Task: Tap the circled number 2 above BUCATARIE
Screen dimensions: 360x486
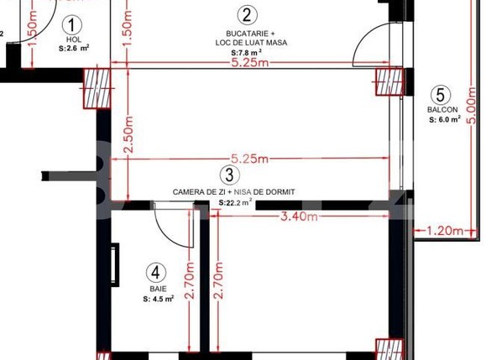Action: click(x=246, y=14)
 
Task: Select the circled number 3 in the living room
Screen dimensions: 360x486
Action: click(x=227, y=175)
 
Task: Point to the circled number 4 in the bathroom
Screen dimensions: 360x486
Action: click(x=153, y=273)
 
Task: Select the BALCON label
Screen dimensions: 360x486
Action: click(x=442, y=110)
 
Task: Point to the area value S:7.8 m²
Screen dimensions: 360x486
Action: click(x=245, y=52)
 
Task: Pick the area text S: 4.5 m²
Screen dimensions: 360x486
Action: click(x=158, y=298)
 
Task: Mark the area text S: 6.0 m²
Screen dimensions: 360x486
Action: click(x=444, y=119)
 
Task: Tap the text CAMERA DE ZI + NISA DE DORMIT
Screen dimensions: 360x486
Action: click(x=234, y=192)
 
